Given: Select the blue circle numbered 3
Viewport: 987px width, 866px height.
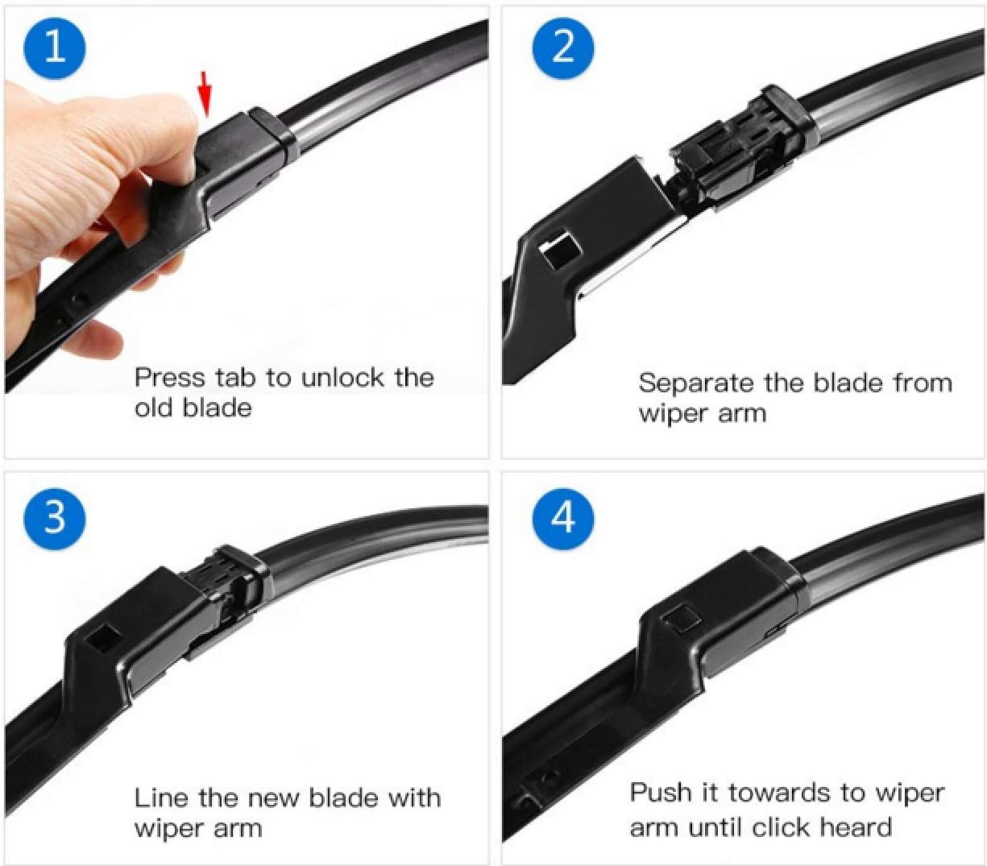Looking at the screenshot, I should (54, 516).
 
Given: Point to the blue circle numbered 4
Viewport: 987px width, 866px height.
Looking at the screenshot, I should (563, 516).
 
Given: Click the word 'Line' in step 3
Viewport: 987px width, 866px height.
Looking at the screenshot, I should (161, 798).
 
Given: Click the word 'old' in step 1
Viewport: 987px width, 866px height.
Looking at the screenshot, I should (153, 408).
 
